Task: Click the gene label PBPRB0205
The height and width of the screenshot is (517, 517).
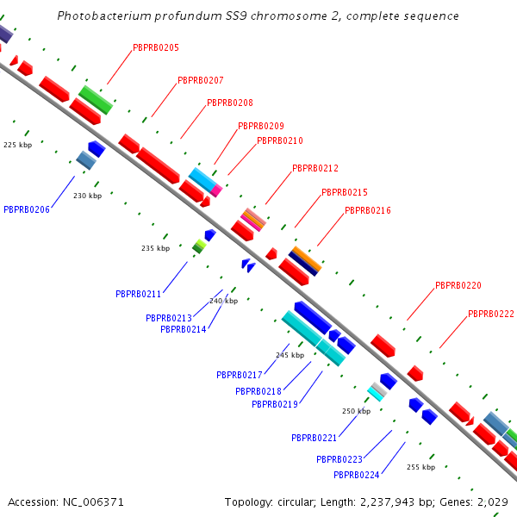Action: coord(156,47)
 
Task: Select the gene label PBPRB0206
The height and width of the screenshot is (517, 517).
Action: coord(27,209)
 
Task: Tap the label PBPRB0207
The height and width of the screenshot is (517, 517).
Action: coord(201,80)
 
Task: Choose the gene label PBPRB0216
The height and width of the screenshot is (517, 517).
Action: coord(368,210)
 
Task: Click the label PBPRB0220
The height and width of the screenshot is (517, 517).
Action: coord(458,285)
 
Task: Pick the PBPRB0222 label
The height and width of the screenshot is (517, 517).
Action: coord(491,314)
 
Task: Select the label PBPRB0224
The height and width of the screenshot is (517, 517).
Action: coord(357,475)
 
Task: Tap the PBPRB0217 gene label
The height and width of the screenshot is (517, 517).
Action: coord(240,375)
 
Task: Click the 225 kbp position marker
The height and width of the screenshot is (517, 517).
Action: coord(16,145)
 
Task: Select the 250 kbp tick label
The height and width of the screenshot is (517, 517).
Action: coord(356,411)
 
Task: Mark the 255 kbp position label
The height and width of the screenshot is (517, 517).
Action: coord(420,467)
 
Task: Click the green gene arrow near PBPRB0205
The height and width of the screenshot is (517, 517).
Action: coord(96,100)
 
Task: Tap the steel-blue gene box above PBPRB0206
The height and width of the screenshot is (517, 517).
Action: coord(85,159)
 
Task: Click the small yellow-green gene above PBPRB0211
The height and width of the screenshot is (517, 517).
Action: coord(199,246)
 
